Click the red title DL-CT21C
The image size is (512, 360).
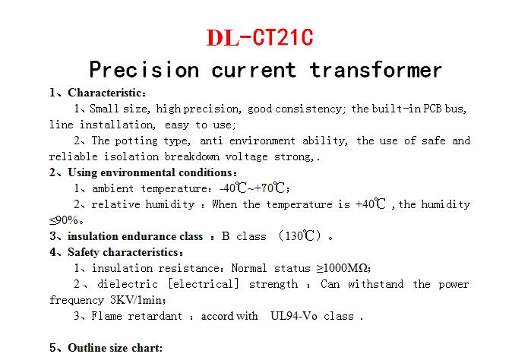point(260,37)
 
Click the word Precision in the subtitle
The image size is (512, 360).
point(144,70)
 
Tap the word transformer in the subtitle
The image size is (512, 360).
point(376,70)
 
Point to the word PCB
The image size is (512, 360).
point(433,109)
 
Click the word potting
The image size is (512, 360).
point(136,141)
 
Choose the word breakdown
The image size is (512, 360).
point(192,156)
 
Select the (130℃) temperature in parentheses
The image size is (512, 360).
point(300,235)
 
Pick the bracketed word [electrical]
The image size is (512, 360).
point(203,284)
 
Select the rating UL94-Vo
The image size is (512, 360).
point(293,316)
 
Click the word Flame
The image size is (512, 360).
point(106,316)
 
